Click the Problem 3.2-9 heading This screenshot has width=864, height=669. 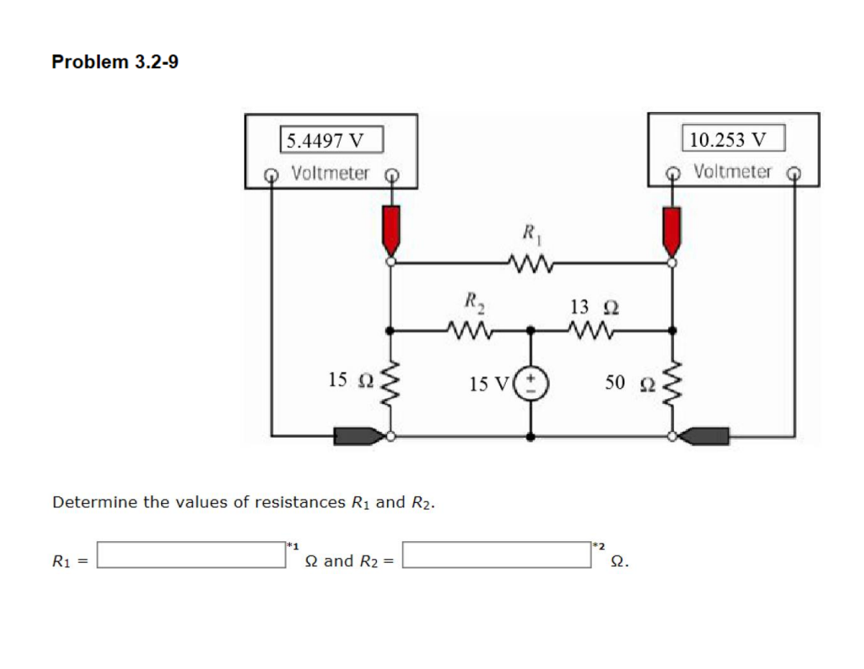point(115,63)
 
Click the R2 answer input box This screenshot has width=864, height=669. point(497,555)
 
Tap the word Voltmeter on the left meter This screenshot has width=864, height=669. point(331,173)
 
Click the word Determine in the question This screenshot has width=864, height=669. point(95,502)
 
